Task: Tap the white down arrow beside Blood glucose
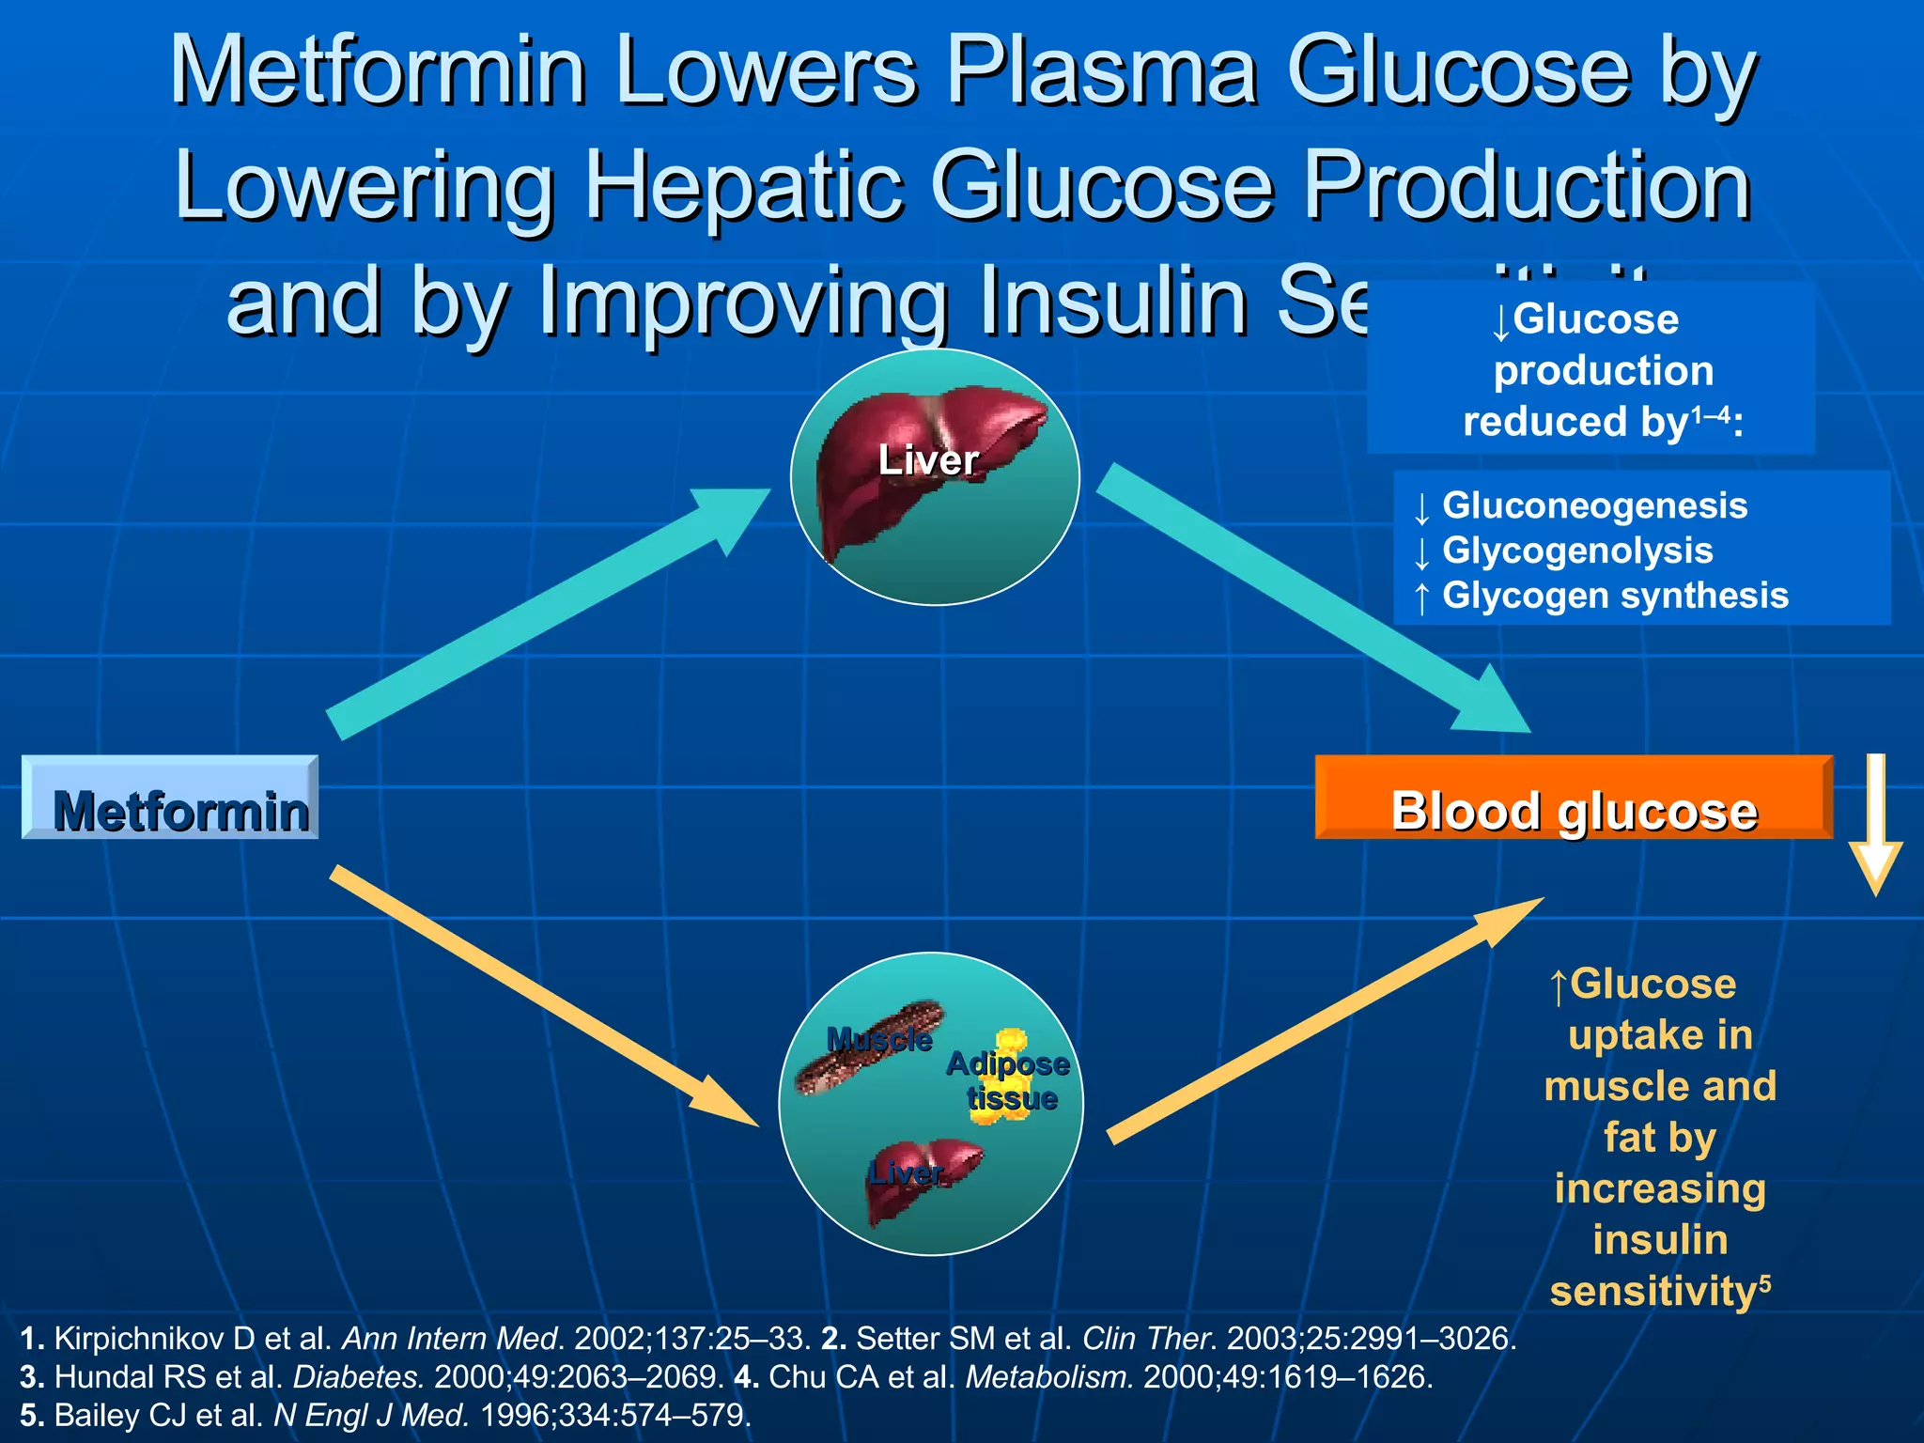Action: pyautogui.click(x=1875, y=827)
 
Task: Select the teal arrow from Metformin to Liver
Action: pyautogui.click(x=545, y=611)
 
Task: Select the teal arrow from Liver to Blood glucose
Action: pyautogui.click(x=1315, y=601)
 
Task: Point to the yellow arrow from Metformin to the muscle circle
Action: pyautogui.click(x=545, y=996)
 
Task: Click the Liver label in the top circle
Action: pyautogui.click(x=928, y=460)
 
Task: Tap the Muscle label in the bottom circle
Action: pyautogui.click(x=879, y=1040)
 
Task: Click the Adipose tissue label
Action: pyautogui.click(x=1009, y=1080)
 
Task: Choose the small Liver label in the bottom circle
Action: pyautogui.click(x=906, y=1173)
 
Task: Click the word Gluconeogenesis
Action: pyautogui.click(x=1594, y=505)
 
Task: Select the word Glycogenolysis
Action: pyautogui.click(x=1577, y=551)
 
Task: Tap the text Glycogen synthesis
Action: pyautogui.click(x=1615, y=596)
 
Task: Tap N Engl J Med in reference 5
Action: pyautogui.click(x=371, y=1415)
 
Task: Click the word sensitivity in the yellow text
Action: pyautogui.click(x=1653, y=1291)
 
